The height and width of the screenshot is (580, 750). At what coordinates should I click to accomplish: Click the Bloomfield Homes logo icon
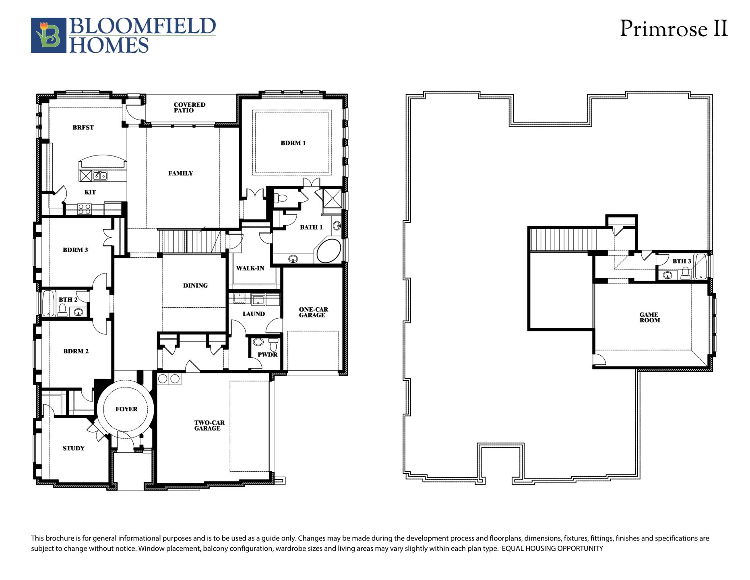point(49,35)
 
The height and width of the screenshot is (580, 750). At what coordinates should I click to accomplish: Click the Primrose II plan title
point(674,29)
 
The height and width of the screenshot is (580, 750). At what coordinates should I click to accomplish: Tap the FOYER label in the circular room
point(126,409)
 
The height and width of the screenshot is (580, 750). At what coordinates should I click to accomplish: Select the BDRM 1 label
point(293,143)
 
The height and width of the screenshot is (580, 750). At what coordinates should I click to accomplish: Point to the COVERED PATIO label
point(190,108)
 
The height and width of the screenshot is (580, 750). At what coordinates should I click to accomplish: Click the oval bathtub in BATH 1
point(329,251)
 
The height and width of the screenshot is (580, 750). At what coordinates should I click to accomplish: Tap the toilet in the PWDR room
point(273,344)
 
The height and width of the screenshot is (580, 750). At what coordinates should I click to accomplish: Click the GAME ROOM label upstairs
point(649,318)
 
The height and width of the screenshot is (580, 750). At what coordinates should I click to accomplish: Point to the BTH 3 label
point(682,261)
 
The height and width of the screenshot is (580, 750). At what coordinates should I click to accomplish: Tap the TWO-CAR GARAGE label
point(209,425)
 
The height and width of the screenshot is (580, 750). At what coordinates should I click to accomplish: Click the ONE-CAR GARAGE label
point(313,312)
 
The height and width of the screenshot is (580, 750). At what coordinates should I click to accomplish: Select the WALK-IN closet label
point(250,268)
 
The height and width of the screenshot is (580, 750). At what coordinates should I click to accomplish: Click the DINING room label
point(195,286)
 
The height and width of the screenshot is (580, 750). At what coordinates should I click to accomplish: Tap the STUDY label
point(73,448)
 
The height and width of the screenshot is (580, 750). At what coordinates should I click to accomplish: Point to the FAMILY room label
point(180,174)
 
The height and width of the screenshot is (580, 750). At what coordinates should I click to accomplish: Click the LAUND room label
point(254,314)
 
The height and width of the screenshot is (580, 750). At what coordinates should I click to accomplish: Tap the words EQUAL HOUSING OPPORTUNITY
point(552,549)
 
